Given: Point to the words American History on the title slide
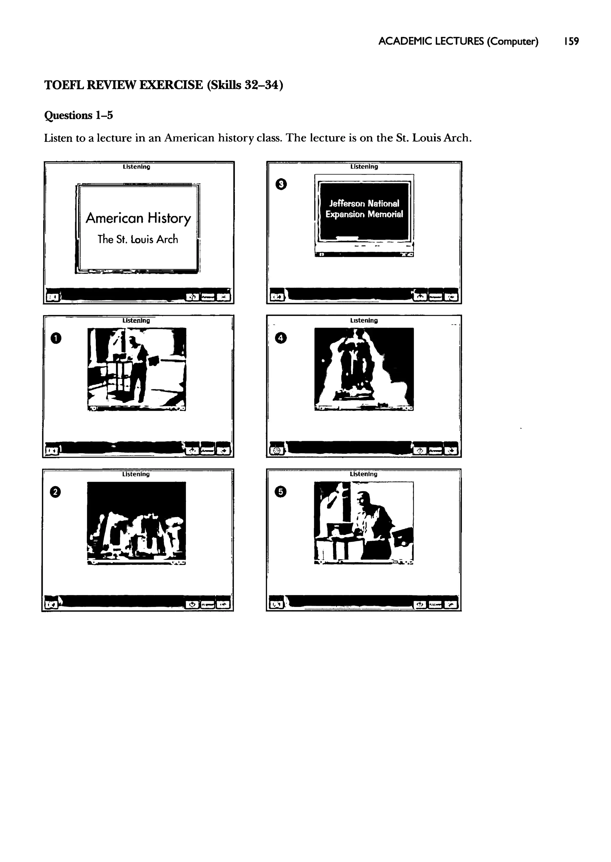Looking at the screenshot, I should click(x=138, y=218).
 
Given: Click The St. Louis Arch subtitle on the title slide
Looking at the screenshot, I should click(x=138, y=239).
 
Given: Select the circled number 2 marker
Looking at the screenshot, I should click(x=55, y=492).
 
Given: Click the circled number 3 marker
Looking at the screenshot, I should click(x=281, y=184).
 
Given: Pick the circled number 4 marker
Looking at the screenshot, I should click(x=281, y=338).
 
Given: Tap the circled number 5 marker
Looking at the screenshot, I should click(x=281, y=492).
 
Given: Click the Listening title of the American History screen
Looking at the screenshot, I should click(x=136, y=167).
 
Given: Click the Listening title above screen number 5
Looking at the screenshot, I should click(x=363, y=474).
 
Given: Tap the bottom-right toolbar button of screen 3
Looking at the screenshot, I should click(x=451, y=297).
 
